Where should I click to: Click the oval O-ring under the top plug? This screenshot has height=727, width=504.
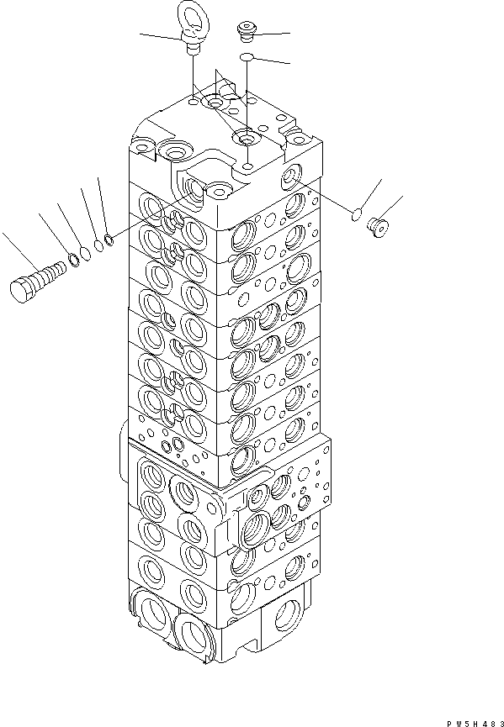click(x=247, y=58)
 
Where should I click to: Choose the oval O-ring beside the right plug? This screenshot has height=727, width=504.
click(x=356, y=215)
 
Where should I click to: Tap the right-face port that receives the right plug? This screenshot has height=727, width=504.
click(x=292, y=176)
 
